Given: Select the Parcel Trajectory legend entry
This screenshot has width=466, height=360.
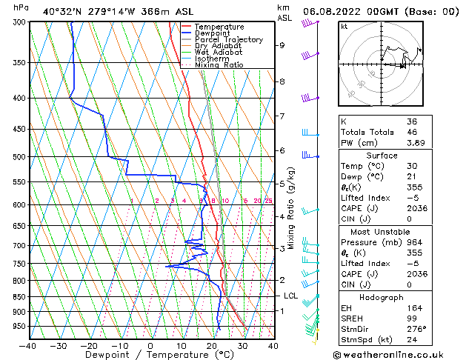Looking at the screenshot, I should tap(228, 39).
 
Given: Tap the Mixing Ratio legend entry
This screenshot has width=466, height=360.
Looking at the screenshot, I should tap(219, 65).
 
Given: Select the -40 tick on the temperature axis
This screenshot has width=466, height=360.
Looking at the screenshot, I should tap(27, 345).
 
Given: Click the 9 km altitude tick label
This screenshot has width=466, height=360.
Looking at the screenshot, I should tap(282, 45).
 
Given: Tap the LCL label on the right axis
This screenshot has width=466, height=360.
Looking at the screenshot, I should tap(290, 296).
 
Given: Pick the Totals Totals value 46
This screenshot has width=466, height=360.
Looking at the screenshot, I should tap(412, 132).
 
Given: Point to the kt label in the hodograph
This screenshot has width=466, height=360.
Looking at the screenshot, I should tap(344, 27).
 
